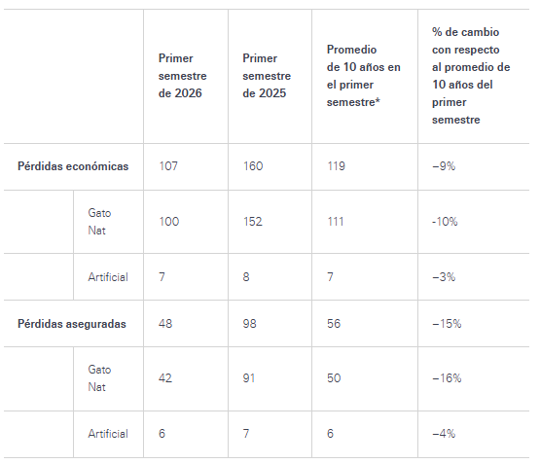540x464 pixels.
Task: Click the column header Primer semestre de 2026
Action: (x=183, y=76)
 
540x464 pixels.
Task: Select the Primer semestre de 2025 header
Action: (x=267, y=76)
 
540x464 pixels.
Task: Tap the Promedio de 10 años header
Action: (x=364, y=76)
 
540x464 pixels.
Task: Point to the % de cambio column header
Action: (x=471, y=76)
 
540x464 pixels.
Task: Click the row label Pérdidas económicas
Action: (x=73, y=166)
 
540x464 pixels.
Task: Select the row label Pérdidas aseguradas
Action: (x=72, y=324)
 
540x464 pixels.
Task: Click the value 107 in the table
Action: (x=168, y=166)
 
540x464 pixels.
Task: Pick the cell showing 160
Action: (x=253, y=166)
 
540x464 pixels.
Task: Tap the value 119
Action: (x=336, y=166)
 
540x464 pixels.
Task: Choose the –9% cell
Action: (x=444, y=166)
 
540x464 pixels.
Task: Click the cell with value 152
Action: (x=253, y=222)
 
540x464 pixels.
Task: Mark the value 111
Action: (x=336, y=222)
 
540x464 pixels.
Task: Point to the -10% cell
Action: (x=445, y=222)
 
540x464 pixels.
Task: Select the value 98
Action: (x=250, y=324)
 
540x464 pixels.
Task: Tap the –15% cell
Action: (x=447, y=324)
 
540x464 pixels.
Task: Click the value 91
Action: (x=249, y=378)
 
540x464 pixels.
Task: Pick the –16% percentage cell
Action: (x=447, y=378)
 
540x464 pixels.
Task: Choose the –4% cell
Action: (x=444, y=434)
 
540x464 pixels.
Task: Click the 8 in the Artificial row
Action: (x=246, y=277)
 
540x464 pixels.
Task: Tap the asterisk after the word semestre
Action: (x=378, y=100)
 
